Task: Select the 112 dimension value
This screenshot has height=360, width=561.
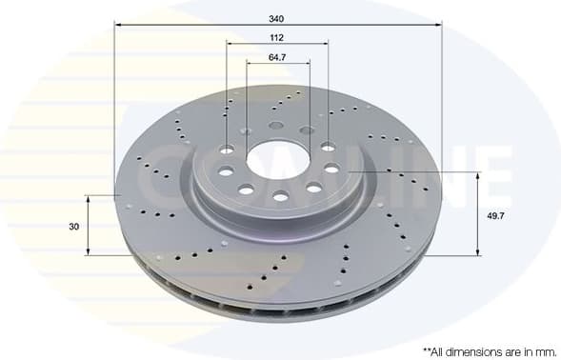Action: (x=277, y=37)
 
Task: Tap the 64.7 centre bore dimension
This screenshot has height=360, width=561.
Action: (x=277, y=57)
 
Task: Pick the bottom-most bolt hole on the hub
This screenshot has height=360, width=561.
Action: (x=280, y=196)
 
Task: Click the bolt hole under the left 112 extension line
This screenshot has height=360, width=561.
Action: (x=227, y=150)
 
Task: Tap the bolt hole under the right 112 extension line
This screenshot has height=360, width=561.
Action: (x=328, y=148)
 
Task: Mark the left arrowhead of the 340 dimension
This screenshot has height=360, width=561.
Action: (x=118, y=22)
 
